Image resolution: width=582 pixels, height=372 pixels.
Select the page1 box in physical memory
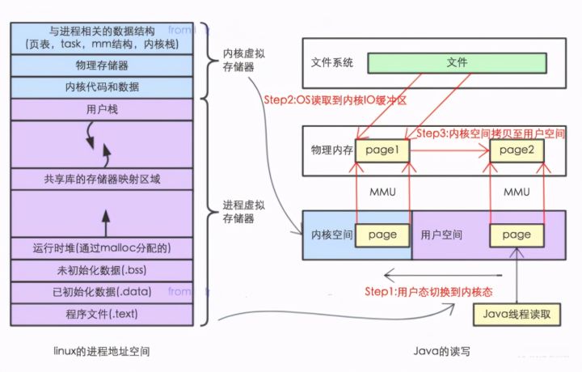[382, 150]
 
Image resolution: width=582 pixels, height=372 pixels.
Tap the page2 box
[517, 150]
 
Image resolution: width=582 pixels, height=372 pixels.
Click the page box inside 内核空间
[382, 235]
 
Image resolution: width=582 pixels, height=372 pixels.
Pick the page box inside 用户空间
[516, 235]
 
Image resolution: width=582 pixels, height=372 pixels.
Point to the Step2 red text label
[335, 99]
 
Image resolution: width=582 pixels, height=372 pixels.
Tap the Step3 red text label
[490, 132]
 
